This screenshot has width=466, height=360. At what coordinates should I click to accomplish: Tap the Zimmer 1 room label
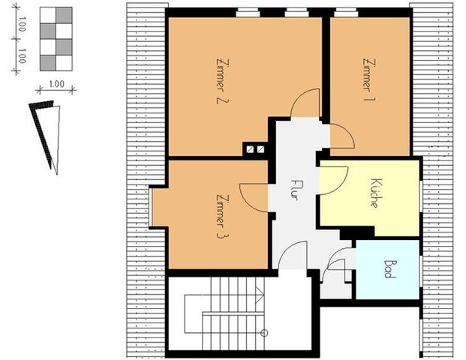coord(367,73)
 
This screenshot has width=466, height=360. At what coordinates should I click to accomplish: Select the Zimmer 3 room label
coord(221,216)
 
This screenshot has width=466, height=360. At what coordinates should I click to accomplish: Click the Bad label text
coord(388,269)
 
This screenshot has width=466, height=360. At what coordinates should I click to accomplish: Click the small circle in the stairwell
coord(263,331)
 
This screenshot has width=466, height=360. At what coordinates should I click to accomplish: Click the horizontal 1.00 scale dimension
coord(55,89)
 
